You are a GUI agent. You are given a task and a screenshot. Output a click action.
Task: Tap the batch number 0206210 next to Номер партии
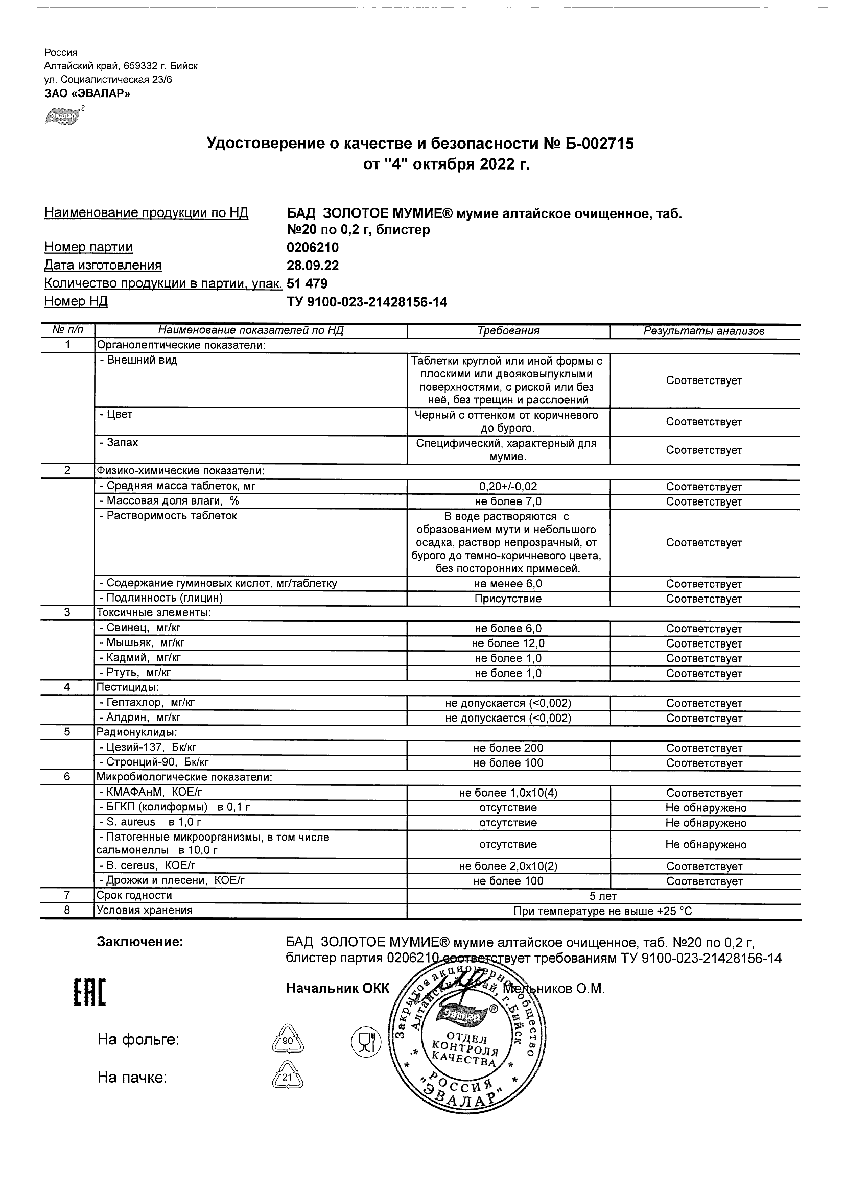(312, 247)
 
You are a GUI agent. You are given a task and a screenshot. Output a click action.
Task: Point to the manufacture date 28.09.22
(312, 266)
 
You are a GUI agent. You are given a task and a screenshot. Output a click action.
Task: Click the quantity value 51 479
(307, 283)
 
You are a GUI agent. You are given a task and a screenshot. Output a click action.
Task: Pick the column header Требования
(508, 331)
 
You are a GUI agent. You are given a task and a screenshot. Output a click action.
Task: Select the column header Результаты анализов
(704, 331)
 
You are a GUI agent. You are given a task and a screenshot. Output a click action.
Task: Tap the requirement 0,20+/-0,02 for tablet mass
(508, 487)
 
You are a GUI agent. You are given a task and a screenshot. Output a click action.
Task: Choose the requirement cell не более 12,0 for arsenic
(508, 643)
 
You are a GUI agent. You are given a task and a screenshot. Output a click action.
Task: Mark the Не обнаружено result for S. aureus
(706, 823)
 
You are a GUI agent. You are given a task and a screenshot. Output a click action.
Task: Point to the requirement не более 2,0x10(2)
(508, 866)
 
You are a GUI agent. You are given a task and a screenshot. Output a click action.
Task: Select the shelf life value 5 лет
(602, 896)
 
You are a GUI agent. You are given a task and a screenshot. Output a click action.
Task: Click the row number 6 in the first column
(67, 777)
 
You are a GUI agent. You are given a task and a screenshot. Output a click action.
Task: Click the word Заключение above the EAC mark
(140, 942)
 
